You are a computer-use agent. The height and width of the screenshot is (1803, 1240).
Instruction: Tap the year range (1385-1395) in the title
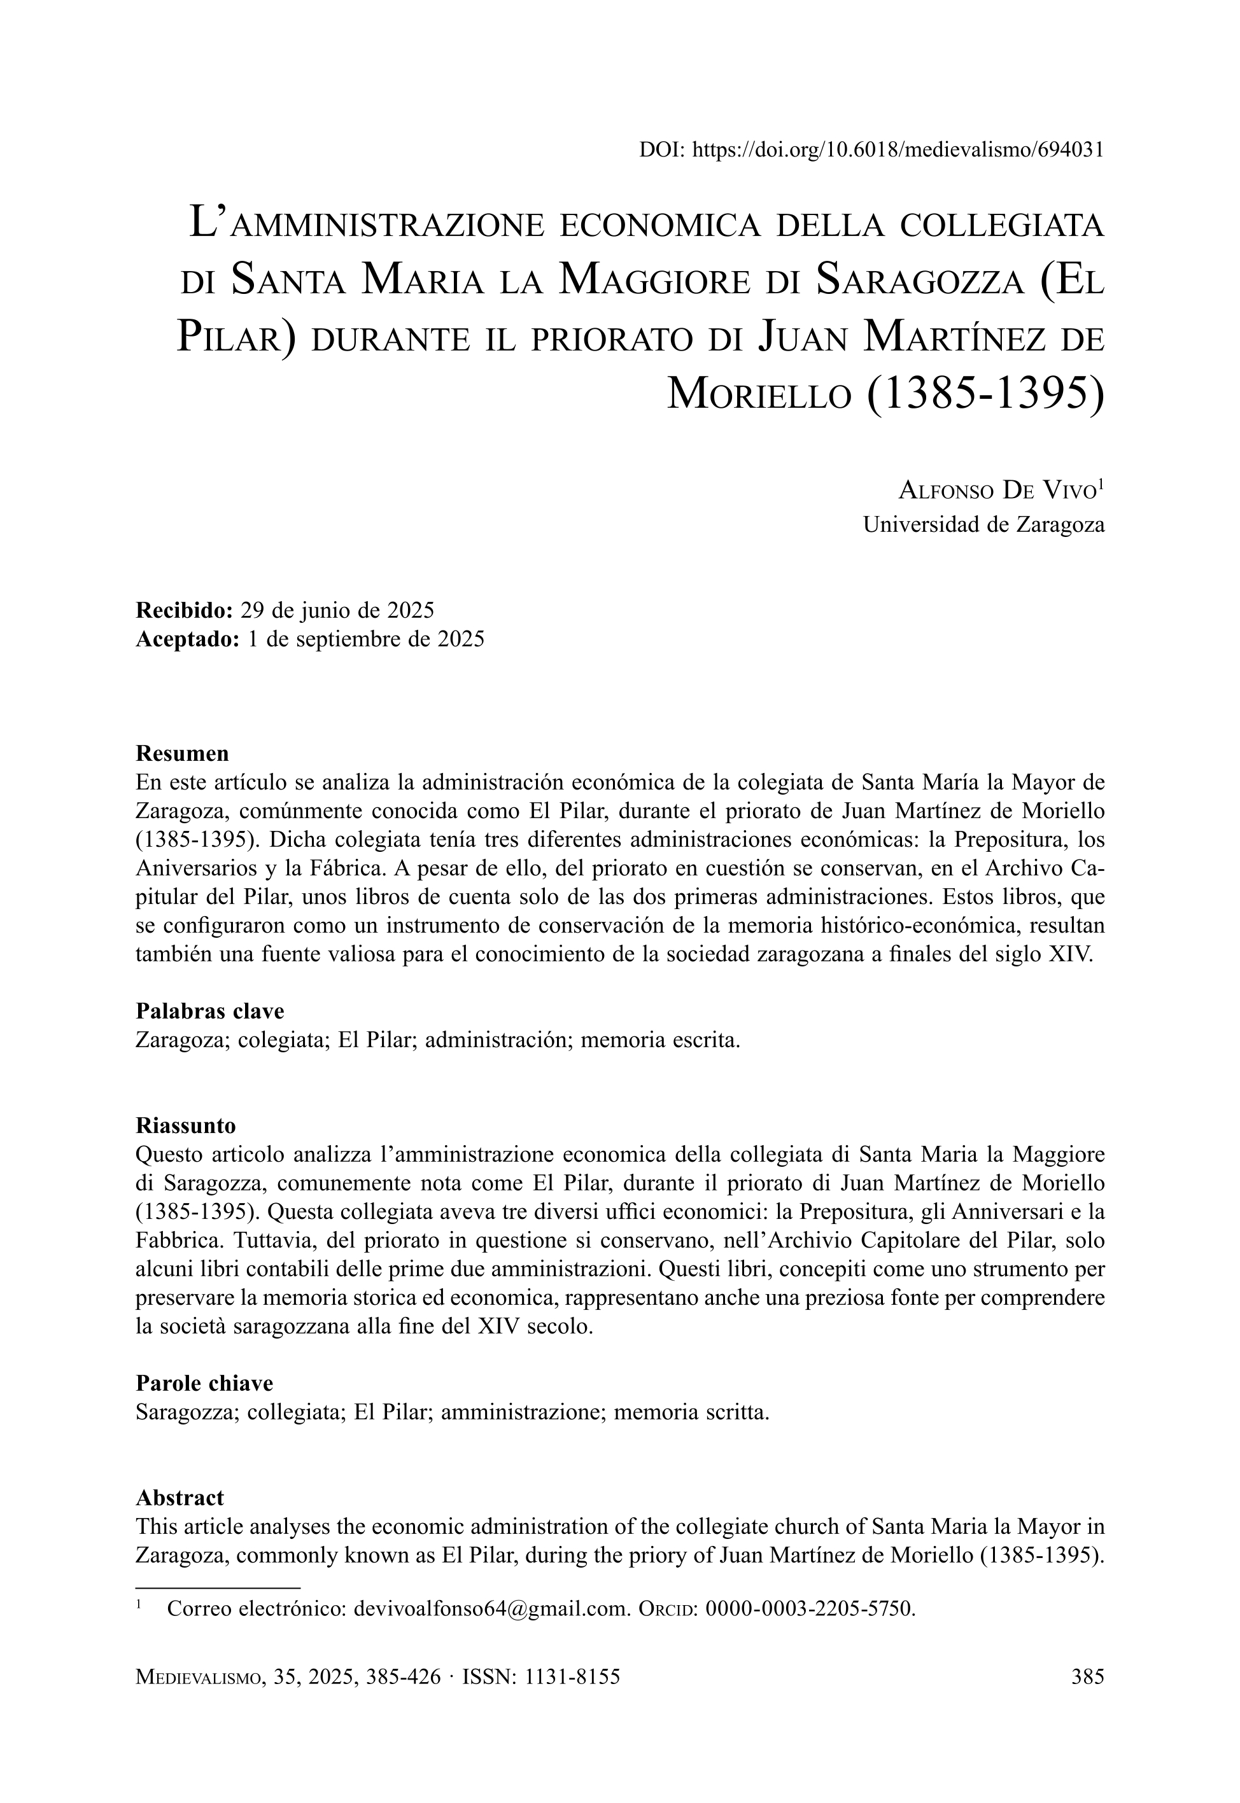983,394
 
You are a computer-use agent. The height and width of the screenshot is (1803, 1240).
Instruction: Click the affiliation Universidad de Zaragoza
983,525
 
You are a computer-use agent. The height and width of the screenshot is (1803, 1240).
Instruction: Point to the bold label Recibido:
184,610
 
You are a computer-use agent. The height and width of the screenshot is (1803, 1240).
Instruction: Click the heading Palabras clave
210,1011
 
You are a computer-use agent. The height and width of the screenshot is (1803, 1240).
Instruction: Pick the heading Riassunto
186,1125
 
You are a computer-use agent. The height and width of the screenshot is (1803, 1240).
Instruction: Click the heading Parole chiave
204,1383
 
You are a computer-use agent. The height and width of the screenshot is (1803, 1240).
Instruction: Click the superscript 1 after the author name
1101,485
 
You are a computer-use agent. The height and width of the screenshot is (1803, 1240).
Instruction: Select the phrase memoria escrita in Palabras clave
659,1040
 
